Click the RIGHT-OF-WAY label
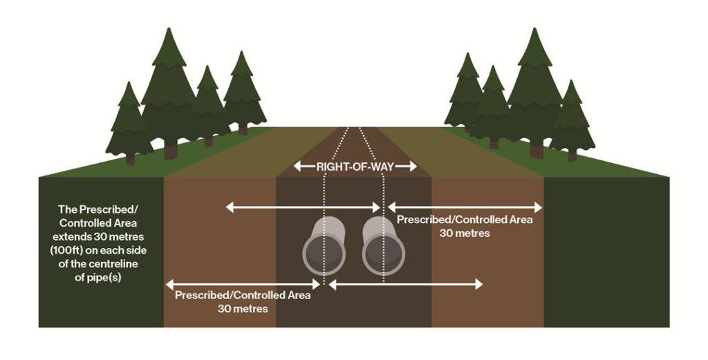355,167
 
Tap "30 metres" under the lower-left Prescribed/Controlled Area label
243,308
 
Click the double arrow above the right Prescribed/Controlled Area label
465,207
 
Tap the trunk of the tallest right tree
537,149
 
